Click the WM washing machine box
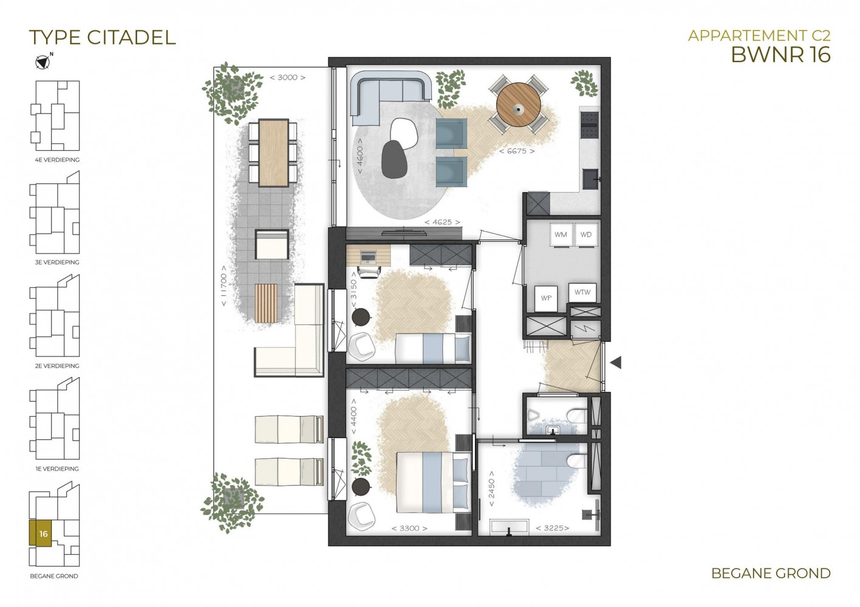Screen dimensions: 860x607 pos(561,235)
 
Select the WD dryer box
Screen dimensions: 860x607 pos(586,235)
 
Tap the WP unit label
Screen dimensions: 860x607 pos(546,298)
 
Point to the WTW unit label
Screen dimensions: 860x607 pos(583,292)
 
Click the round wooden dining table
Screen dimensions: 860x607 pos(519,105)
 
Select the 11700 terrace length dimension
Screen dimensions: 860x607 pos(223,286)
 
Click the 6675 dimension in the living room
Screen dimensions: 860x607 pos(517,151)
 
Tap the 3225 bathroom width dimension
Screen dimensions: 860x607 pos(552,528)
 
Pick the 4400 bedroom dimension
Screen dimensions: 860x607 pos(353,417)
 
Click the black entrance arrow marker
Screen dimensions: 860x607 pos(616,362)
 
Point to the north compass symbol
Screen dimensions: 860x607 pos(43,62)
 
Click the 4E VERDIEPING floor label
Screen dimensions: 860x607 pos(57,160)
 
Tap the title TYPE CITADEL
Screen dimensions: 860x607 pos(103,38)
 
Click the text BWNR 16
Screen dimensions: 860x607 pos(781,55)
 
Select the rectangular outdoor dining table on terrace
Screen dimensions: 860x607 pos(273,153)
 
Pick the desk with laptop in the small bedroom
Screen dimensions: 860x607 pos(369,255)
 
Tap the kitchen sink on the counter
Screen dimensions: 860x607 pos(590,179)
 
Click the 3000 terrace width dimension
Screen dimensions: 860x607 pos(288,77)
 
